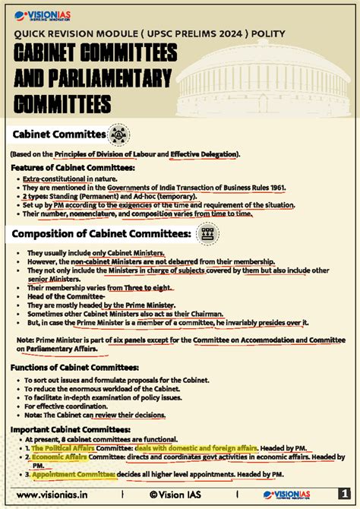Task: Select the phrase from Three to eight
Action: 140,288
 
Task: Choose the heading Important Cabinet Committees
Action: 66,428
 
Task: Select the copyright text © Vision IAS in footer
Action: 179,495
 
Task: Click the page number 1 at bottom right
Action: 343,495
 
